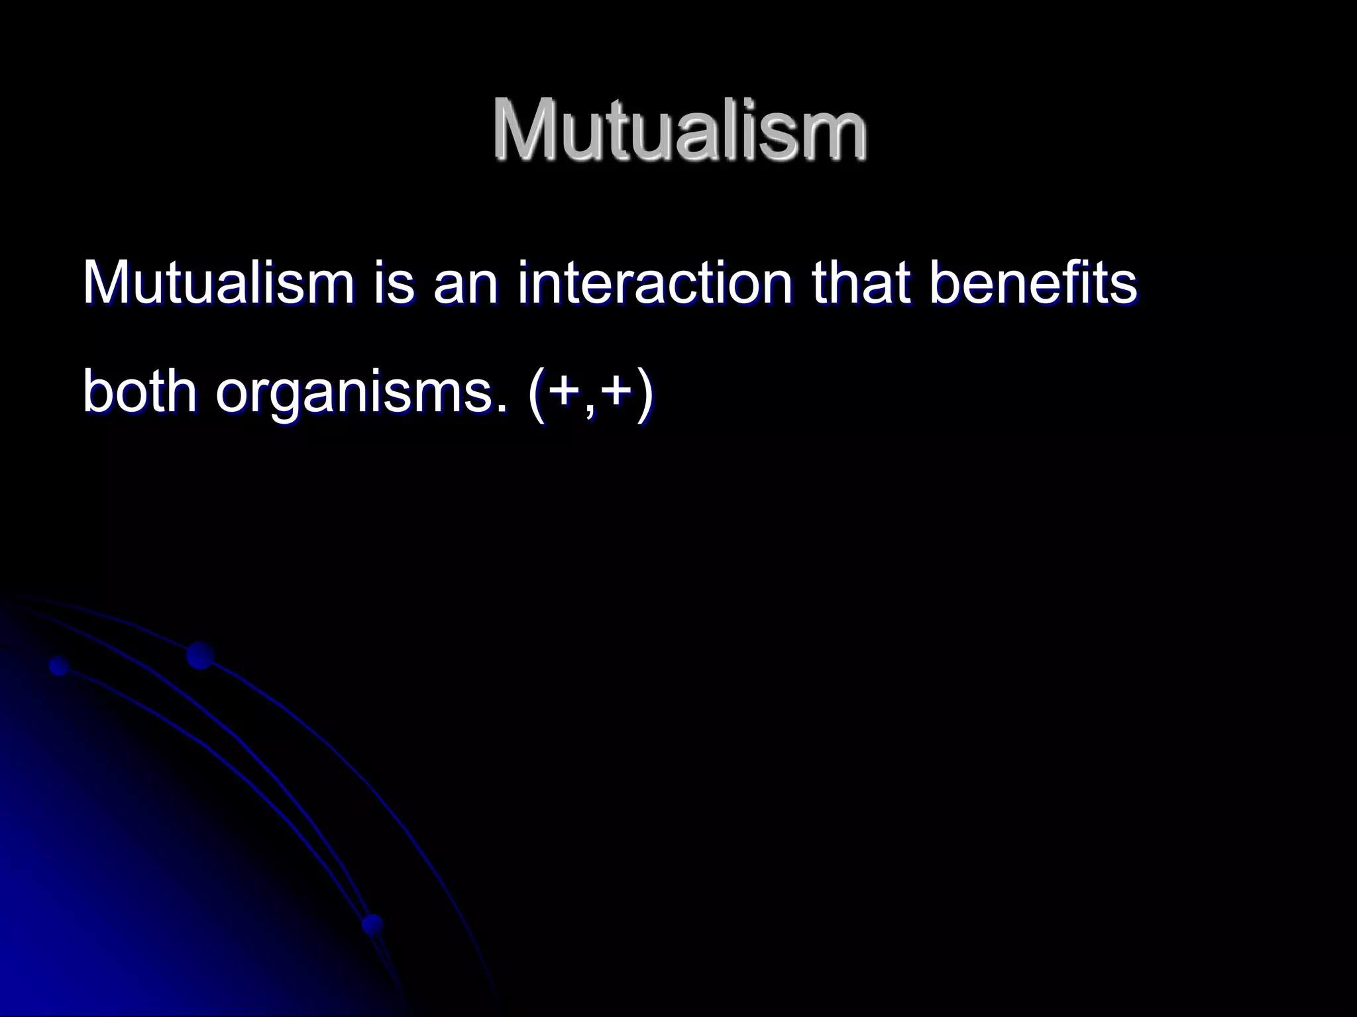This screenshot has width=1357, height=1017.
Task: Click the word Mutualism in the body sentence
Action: tap(219, 283)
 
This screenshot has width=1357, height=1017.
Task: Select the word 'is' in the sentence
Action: tap(395, 283)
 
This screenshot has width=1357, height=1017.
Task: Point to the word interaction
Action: tap(655, 283)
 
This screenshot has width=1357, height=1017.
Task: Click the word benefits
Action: tap(1032, 283)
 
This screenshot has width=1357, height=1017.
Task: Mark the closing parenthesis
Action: tap(643, 392)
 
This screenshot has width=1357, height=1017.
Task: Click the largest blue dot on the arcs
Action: tap(200, 655)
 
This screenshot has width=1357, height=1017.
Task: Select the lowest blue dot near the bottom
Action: tap(373, 924)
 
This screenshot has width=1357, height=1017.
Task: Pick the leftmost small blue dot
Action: tap(59, 665)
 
